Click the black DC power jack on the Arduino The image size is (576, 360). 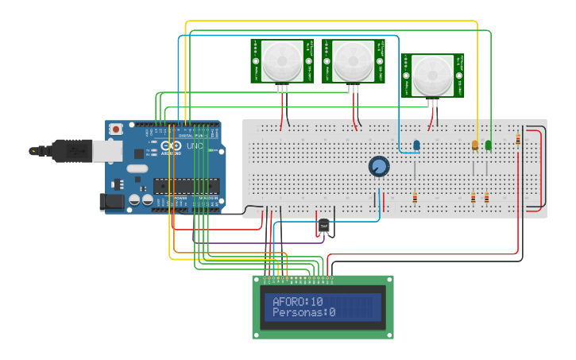coord(113,202)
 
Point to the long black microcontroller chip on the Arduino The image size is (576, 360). coord(186,186)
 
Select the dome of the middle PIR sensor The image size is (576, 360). coord(352,60)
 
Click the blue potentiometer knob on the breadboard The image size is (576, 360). coord(379,166)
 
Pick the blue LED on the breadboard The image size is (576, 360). coord(416,145)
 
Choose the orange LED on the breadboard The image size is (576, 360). coord(475,145)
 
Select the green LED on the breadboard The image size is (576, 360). coord(489,145)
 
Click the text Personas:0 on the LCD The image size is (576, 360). coord(303,313)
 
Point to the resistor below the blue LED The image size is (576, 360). coord(415,197)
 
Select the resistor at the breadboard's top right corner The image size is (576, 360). coord(518,139)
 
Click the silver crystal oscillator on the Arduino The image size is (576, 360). coord(137,168)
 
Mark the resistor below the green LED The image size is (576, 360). coord(486,197)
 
